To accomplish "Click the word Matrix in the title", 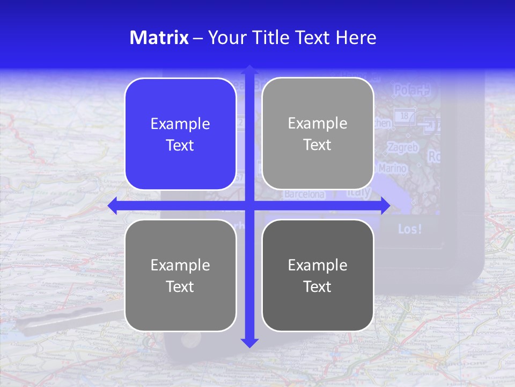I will point(159,38).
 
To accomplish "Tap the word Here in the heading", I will point(356,38).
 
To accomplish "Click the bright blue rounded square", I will point(180,134).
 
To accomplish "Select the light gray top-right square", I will point(318,134).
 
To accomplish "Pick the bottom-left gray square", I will point(180,275).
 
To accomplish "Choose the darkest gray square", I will point(318,275).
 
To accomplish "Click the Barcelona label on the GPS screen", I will point(304,194).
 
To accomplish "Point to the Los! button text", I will point(410,229).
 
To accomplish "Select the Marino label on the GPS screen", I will point(393,168).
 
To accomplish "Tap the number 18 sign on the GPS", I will point(403,115).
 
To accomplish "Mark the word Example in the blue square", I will point(180,124).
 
